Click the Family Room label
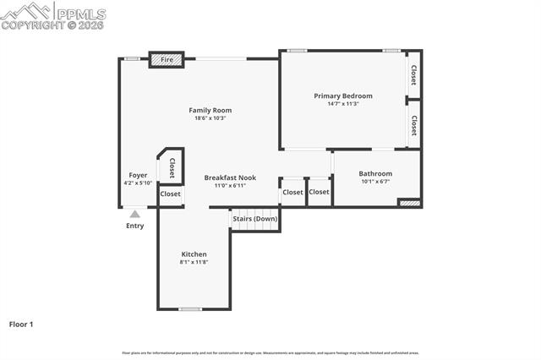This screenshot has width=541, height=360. coord(210,110)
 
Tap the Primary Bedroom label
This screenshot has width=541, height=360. coord(343,95)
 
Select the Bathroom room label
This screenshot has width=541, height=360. coord(375,173)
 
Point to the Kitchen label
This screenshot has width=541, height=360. coord(194,254)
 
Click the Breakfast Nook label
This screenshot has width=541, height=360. coord(230,177)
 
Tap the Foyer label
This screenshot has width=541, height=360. coord(138,175)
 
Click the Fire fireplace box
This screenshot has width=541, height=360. coord(167,60)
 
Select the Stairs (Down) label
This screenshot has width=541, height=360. coord(254,218)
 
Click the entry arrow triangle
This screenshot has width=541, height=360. coord(134,214)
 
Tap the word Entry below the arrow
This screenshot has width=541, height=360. coord(135,226)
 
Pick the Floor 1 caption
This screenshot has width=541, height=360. coord(21,324)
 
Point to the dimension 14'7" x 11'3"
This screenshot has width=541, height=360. coord(343,104)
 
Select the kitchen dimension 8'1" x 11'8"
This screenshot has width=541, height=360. coord(194,262)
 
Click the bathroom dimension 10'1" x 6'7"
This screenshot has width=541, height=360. coord(375,182)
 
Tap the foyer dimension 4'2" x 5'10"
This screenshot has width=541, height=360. coord(138,183)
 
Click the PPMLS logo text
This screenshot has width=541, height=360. coord(80,14)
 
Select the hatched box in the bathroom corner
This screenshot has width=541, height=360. coord(409,203)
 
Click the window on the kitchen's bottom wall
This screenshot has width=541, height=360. coord(190,309)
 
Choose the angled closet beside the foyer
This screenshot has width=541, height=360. coord(171,167)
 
